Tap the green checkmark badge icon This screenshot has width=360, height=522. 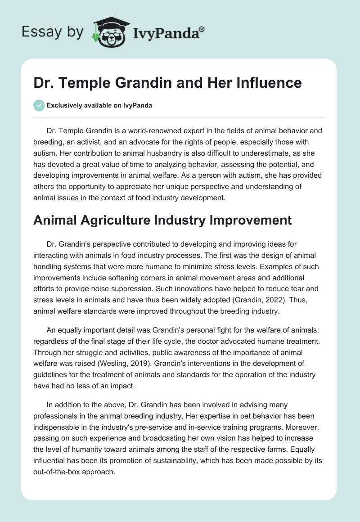click(x=38, y=105)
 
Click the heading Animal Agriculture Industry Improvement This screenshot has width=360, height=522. click(x=163, y=220)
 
